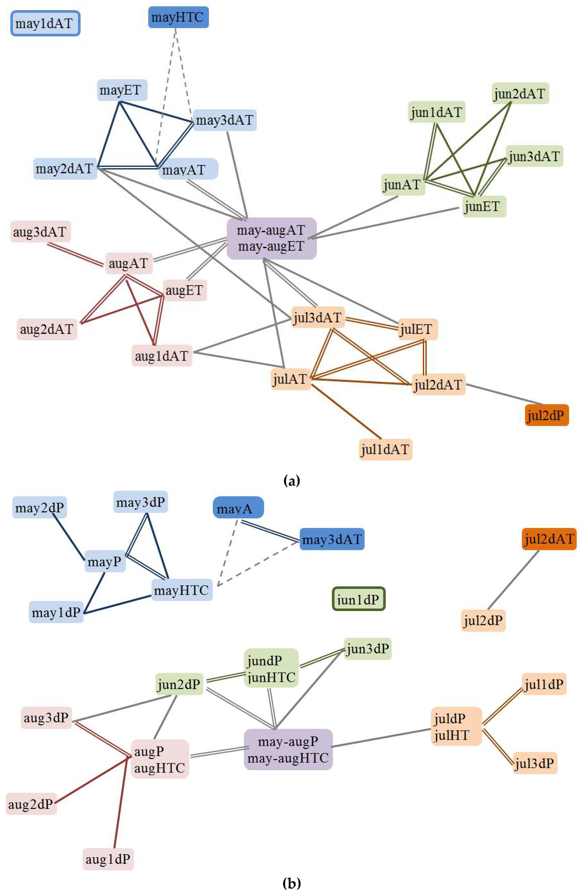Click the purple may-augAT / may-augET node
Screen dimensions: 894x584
tap(271, 238)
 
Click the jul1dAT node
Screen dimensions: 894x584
tap(385, 449)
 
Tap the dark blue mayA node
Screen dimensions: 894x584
tap(238, 508)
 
